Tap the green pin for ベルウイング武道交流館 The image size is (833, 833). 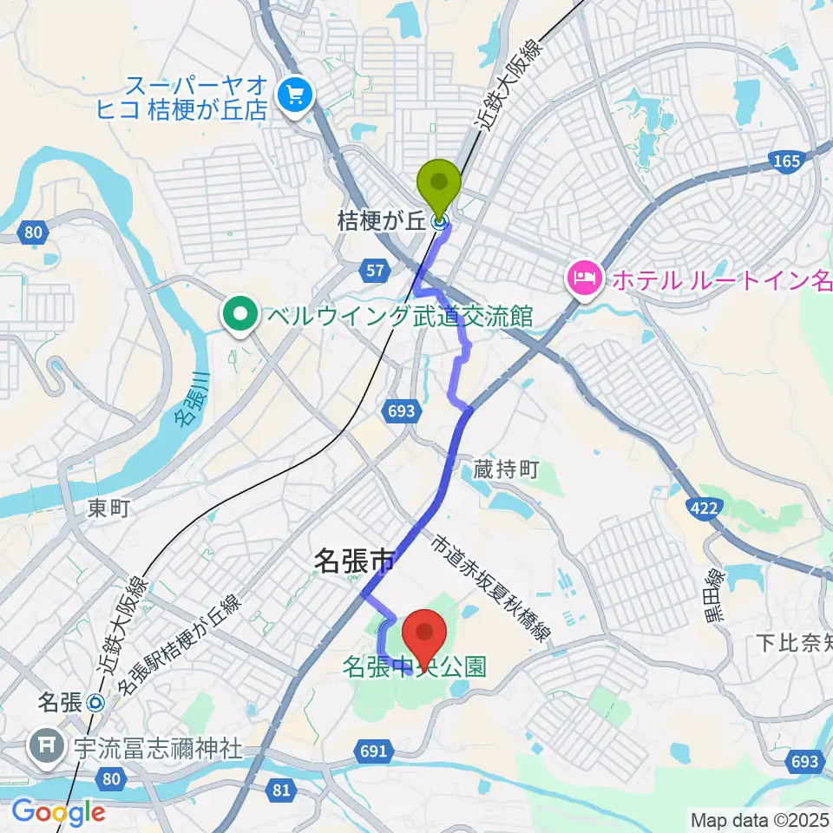(x=239, y=316)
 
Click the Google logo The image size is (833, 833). (x=58, y=812)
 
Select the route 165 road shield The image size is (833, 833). (x=784, y=161)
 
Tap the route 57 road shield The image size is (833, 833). (x=375, y=272)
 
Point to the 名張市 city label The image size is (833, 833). (x=353, y=561)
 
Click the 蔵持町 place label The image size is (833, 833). (x=507, y=471)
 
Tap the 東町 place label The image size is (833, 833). (x=108, y=508)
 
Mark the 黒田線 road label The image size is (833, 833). (x=716, y=595)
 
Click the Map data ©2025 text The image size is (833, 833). (x=759, y=818)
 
